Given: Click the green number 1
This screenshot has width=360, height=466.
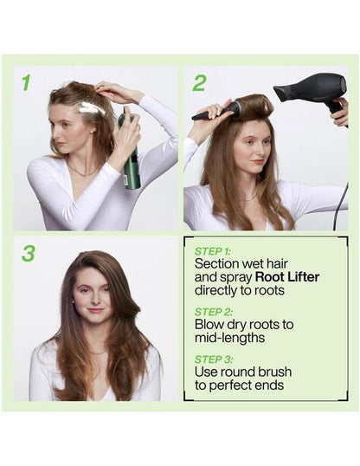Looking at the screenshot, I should coord(26,82).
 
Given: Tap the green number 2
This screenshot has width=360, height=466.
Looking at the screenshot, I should coord(199,83).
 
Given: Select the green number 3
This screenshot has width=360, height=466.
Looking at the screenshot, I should coord(29,253).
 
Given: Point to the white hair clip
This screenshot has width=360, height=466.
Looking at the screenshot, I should coord(92,108).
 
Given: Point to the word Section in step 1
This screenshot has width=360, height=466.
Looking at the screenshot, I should coord(216,262).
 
